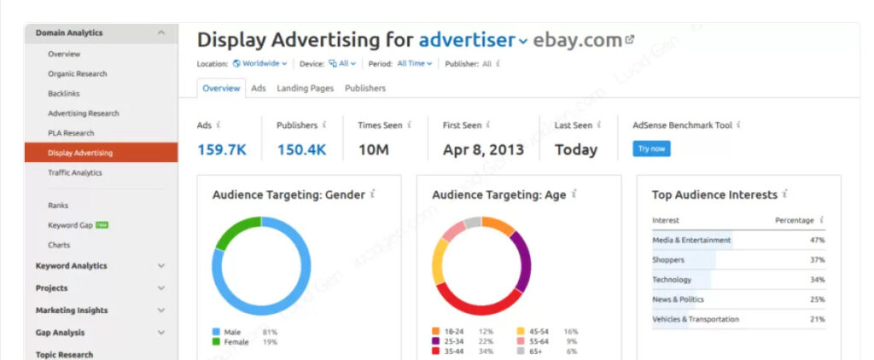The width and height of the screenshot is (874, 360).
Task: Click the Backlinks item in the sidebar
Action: click(63, 94)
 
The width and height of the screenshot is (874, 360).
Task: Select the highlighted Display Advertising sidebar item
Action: click(80, 153)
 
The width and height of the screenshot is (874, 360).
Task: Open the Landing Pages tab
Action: click(305, 88)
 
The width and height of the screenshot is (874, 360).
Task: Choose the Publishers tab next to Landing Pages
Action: click(365, 88)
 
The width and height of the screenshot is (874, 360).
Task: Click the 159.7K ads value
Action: click(222, 149)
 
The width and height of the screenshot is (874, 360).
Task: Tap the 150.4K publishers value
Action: click(301, 149)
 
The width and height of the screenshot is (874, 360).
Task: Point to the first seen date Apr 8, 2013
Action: click(482, 149)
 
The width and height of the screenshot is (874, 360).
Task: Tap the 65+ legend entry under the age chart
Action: click(535, 351)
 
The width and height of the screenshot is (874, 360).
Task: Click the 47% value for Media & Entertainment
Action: click(818, 241)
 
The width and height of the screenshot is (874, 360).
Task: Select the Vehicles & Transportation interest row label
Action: click(696, 319)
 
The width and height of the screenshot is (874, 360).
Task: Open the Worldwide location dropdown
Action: click(260, 63)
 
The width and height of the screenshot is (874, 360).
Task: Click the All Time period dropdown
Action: click(415, 63)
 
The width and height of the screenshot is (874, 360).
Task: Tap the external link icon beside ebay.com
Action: click(630, 39)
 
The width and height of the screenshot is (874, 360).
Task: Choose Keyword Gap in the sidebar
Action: click(71, 225)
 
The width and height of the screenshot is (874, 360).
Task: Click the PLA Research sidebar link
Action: click(71, 133)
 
